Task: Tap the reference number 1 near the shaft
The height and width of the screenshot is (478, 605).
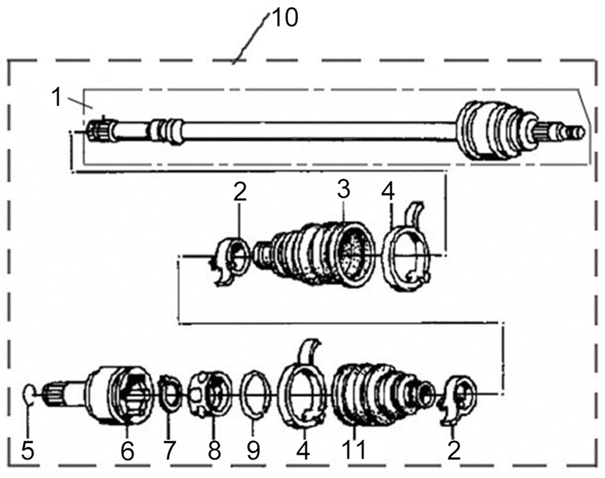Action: coord(56,97)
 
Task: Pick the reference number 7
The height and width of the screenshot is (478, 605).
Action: coord(169,450)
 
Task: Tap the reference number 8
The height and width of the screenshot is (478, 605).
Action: coord(214,450)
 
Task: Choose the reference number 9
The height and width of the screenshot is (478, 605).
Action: coord(253,450)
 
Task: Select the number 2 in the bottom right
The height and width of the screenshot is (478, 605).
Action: coord(454,450)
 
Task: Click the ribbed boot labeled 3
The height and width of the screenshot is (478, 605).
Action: coord(319,255)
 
